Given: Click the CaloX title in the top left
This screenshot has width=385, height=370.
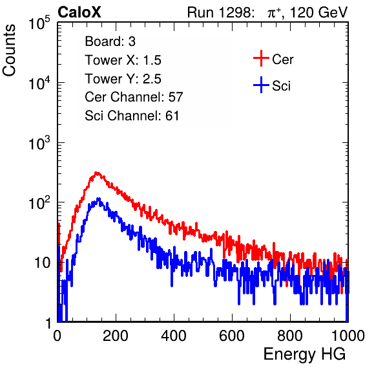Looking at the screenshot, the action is [79, 12].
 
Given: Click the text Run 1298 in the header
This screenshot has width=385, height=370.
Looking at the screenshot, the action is [219, 12].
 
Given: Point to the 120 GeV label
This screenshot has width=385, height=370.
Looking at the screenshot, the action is [319, 12].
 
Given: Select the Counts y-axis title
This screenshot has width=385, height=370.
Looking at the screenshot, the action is [9, 50].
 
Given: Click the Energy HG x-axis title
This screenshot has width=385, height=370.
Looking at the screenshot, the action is [304, 354].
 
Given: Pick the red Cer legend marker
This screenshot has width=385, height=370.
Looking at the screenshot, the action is [261, 58].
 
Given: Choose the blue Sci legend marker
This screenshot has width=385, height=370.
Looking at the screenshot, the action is [261, 85].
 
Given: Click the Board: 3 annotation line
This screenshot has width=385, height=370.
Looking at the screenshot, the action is [110, 41].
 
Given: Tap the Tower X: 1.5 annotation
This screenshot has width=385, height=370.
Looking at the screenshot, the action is [123, 60].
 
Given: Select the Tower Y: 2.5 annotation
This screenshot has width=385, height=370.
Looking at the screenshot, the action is [123, 79].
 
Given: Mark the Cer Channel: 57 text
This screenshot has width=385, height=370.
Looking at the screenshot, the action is [134, 97].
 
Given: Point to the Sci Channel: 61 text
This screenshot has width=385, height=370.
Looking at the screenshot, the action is [132, 116].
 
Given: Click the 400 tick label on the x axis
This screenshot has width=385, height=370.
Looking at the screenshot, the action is [174, 336].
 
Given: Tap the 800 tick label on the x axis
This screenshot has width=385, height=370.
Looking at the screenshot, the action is [290, 336].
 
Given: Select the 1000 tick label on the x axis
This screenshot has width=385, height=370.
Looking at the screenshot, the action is [348, 336].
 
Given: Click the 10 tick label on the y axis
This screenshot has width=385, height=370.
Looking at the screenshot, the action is [42, 263].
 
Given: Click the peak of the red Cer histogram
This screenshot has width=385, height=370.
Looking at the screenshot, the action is [97, 173].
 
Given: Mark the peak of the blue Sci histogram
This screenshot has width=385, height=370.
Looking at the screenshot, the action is [99, 199].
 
